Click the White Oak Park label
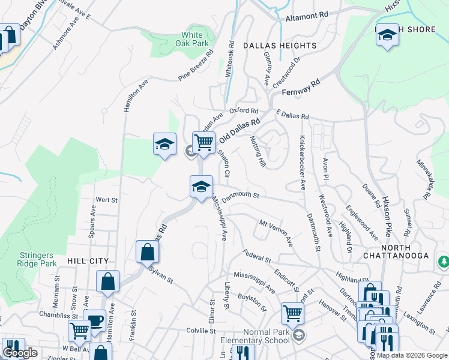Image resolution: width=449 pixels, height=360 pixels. (193, 39)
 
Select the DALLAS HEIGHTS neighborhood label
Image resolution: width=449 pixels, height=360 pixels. (279, 46)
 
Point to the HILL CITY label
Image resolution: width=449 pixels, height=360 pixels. (88, 261)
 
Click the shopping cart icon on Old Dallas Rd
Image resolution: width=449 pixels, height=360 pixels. (204, 143)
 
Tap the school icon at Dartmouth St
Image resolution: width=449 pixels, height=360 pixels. (202, 186)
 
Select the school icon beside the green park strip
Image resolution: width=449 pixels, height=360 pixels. (164, 144)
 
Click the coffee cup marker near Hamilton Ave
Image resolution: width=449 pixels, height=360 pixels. (94, 320)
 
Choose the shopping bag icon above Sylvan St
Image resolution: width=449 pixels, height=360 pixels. (147, 252)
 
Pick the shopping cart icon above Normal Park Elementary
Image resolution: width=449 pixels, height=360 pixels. (292, 313)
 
